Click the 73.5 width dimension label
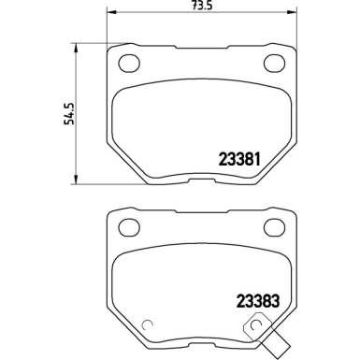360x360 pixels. tap(187, 6)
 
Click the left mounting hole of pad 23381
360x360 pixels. tap(127, 63)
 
